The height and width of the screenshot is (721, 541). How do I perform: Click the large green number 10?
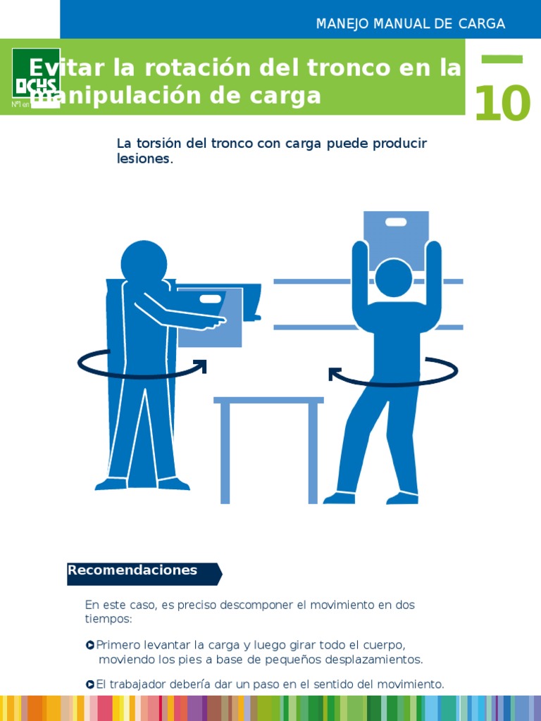[x=502, y=104]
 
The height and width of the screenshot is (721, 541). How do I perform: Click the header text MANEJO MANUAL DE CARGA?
[x=411, y=24]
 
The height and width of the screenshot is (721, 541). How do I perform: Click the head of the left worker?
[x=144, y=263]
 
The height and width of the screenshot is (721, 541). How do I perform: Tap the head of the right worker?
[x=393, y=277]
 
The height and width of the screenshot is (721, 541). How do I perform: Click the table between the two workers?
[x=268, y=401]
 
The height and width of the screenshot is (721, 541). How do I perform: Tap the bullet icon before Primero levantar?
[x=90, y=645]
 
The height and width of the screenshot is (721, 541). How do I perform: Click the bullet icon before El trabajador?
[x=90, y=684]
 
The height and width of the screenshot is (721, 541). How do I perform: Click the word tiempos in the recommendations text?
[x=108, y=619]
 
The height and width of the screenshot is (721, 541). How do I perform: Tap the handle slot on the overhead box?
[x=396, y=222]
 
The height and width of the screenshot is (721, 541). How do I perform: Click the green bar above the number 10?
[x=502, y=60]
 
